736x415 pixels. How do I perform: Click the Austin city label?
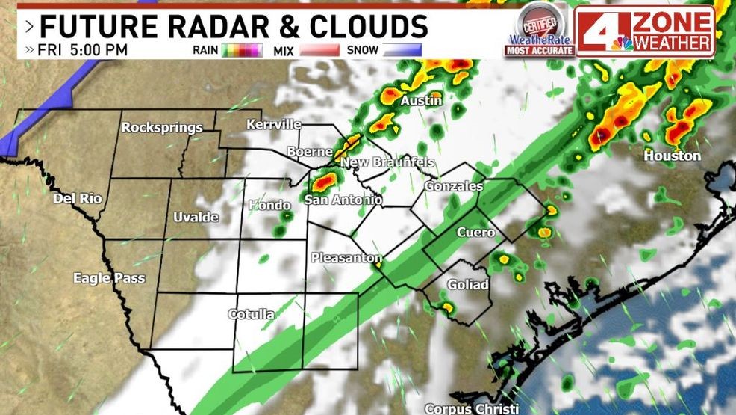422,101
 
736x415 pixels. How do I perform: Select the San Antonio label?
343,200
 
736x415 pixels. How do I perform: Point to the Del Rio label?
77,199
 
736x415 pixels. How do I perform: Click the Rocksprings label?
162,127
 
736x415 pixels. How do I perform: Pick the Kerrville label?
274,124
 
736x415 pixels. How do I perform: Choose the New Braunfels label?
387,163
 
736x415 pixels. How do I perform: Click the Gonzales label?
453,186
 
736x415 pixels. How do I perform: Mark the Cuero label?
475,233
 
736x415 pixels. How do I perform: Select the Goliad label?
468,285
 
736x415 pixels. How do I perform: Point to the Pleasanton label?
342,258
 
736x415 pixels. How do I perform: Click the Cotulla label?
251,314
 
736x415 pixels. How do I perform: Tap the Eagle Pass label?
109,278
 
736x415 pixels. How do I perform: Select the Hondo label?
269,205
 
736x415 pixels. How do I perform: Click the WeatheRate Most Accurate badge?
539,30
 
